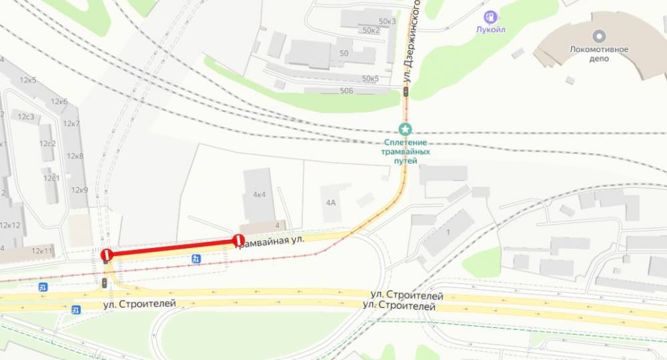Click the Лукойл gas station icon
pyautogui.click(x=492, y=16)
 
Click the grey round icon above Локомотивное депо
pyautogui.click(x=599, y=35)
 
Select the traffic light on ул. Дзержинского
pyautogui.click(x=405, y=91)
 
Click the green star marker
pyautogui.click(x=405, y=128)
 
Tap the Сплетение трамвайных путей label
pyautogui.click(x=406, y=152)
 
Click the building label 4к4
pyautogui.click(x=259, y=195)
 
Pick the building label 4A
pyautogui.click(x=331, y=200)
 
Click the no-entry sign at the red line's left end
pyautogui.click(x=105, y=254)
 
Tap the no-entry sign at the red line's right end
pyautogui.click(x=238, y=241)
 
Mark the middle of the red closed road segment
pyautogui.click(x=172, y=247)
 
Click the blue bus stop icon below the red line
pyautogui.click(x=196, y=259)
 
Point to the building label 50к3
pyautogui.click(x=387, y=21)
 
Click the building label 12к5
pyautogui.click(x=28, y=81)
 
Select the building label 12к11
pyautogui.click(x=42, y=251)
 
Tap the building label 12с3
pyautogui.click(x=26, y=117)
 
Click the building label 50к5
pyautogui.click(x=368, y=79)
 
